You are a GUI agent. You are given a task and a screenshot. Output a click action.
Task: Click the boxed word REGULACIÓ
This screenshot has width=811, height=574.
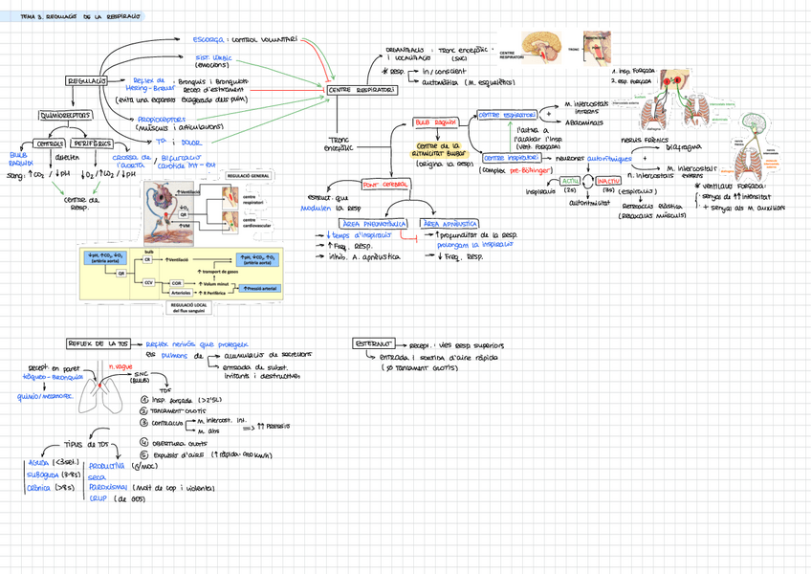pyautogui.click(x=87, y=81)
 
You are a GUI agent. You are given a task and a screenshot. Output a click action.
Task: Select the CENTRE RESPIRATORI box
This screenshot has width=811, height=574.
pyautogui.click(x=361, y=90)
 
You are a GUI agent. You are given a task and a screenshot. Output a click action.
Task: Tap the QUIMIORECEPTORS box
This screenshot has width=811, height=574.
pyautogui.click(x=65, y=116)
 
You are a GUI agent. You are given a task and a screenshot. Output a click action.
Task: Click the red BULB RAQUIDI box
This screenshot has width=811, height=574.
pyautogui.click(x=434, y=122)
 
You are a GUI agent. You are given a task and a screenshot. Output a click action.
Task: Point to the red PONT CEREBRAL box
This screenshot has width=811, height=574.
pyautogui.click(x=384, y=184)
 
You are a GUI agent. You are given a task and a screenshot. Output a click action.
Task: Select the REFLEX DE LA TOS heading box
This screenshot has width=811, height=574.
pyautogui.click(x=99, y=343)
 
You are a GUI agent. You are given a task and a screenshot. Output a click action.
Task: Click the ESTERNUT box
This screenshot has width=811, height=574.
pyautogui.click(x=373, y=342)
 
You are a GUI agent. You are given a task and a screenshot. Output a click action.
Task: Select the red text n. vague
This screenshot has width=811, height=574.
pyautogui.click(x=121, y=366)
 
